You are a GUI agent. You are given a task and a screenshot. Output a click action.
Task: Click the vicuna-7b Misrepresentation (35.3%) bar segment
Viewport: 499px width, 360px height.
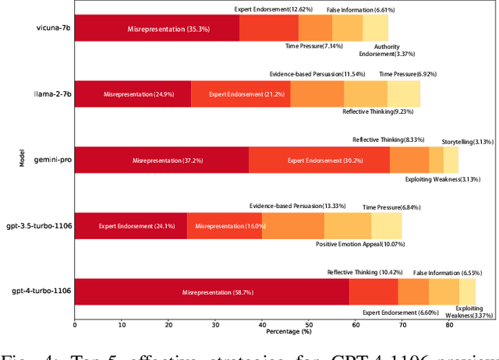[x=157, y=29]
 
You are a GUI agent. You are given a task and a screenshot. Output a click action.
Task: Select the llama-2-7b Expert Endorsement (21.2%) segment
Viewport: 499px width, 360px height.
[x=240, y=94]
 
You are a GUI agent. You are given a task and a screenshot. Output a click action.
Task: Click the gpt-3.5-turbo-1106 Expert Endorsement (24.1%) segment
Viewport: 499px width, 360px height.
[x=130, y=226]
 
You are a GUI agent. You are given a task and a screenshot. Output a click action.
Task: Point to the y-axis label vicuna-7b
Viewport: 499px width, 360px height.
[x=52, y=29]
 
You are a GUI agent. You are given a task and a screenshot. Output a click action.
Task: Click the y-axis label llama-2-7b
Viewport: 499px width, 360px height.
[x=51, y=94]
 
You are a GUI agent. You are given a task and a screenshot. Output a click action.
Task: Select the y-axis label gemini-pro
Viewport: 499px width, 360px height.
[x=51, y=160]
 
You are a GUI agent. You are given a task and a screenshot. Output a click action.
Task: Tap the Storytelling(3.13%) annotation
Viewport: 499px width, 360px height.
[x=467, y=142]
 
